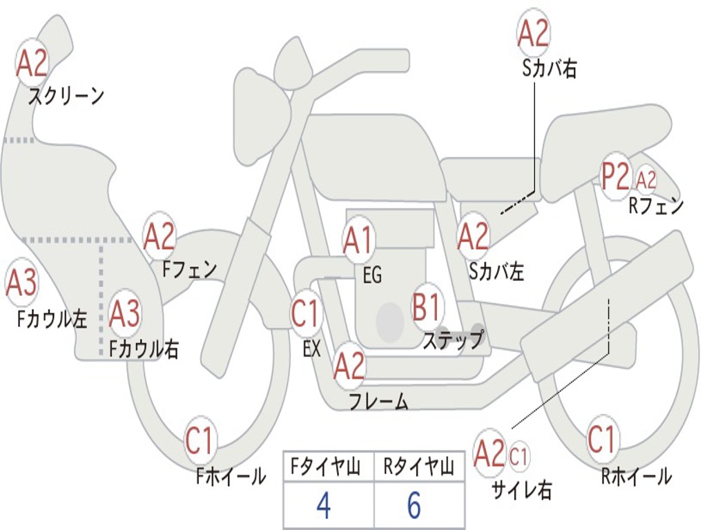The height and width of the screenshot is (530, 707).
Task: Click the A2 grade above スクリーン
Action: tap(32, 63)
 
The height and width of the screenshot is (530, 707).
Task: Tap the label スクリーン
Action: tap(66, 96)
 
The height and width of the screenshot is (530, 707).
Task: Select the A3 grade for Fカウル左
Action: tap(21, 283)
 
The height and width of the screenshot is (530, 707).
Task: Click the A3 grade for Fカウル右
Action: tap(125, 314)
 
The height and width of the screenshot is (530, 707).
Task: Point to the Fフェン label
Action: tap(190, 269)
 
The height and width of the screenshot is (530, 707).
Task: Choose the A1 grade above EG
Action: tap(358, 241)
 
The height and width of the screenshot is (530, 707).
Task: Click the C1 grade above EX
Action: tap(305, 313)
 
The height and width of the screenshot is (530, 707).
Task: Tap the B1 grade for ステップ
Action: tap(427, 307)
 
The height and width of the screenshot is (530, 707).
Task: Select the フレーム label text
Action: tap(378, 401)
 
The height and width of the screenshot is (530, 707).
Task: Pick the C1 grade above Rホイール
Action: tap(601, 439)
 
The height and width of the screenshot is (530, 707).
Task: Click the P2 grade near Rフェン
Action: tap(615, 177)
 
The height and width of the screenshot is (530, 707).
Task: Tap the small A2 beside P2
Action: tap(646, 180)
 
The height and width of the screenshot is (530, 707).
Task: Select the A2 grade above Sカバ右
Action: tap(533, 33)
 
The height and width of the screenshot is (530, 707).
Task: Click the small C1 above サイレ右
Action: tap(519, 455)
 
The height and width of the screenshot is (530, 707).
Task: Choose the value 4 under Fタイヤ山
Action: tap(323, 507)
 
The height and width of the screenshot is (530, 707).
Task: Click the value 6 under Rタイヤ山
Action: tap(414, 506)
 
